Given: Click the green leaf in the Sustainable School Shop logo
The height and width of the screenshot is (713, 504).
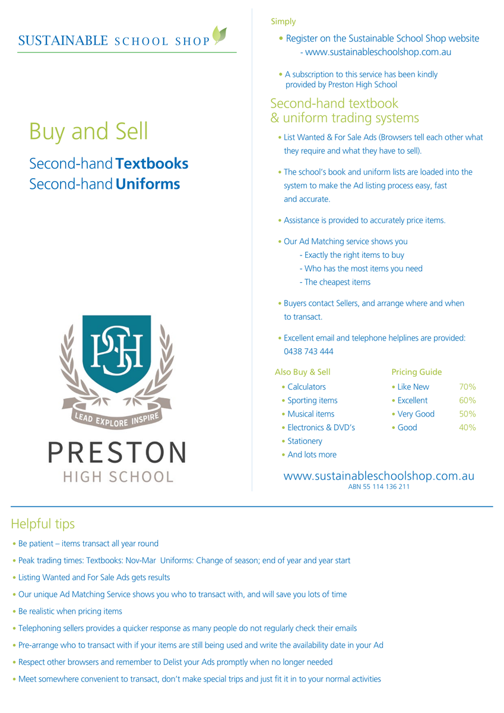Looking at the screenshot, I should pos(220,34).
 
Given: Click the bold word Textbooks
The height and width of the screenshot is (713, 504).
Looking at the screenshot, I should pos(152,163).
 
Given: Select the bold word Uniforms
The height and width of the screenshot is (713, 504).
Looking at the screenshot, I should pos(148,184).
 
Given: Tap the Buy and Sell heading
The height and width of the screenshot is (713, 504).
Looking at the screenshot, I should pos(88,131).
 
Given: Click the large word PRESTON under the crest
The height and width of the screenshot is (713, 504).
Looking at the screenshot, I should pos(117,453).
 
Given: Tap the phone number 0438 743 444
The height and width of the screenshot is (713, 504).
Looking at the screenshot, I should pos(309,351).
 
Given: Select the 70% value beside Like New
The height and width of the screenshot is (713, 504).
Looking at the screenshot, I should pos(467,387).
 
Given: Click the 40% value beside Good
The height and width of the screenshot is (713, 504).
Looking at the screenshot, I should pos(467,427).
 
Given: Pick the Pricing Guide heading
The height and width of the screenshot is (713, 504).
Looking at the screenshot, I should pos(417,372).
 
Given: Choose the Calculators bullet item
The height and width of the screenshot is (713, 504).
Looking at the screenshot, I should pos(306,387).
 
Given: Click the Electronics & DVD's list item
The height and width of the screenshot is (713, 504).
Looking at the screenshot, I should pos(321,427).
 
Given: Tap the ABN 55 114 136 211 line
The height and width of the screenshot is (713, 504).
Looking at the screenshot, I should pos(379,487).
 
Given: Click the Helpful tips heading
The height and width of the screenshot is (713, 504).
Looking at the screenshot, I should pos(43,523).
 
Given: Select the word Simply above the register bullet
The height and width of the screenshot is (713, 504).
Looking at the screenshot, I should pos(283,21).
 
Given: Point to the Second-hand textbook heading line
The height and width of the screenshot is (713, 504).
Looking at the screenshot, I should pos(334,103).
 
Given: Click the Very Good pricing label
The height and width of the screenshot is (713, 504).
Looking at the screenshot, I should pos(416,414).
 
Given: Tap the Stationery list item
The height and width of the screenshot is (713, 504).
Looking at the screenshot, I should pos(305,441).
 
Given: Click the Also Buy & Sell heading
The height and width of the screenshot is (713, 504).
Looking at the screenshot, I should pos(302,372).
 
